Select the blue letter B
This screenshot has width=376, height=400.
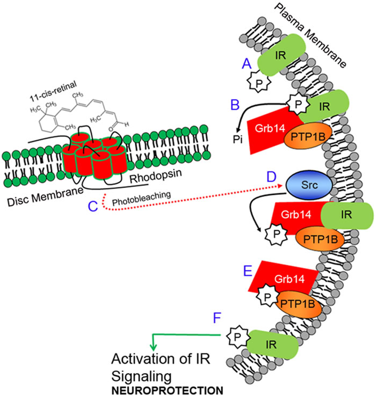pyautogui.click(x=234, y=104)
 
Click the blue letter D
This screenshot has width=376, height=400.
pyautogui.click(x=271, y=177)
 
